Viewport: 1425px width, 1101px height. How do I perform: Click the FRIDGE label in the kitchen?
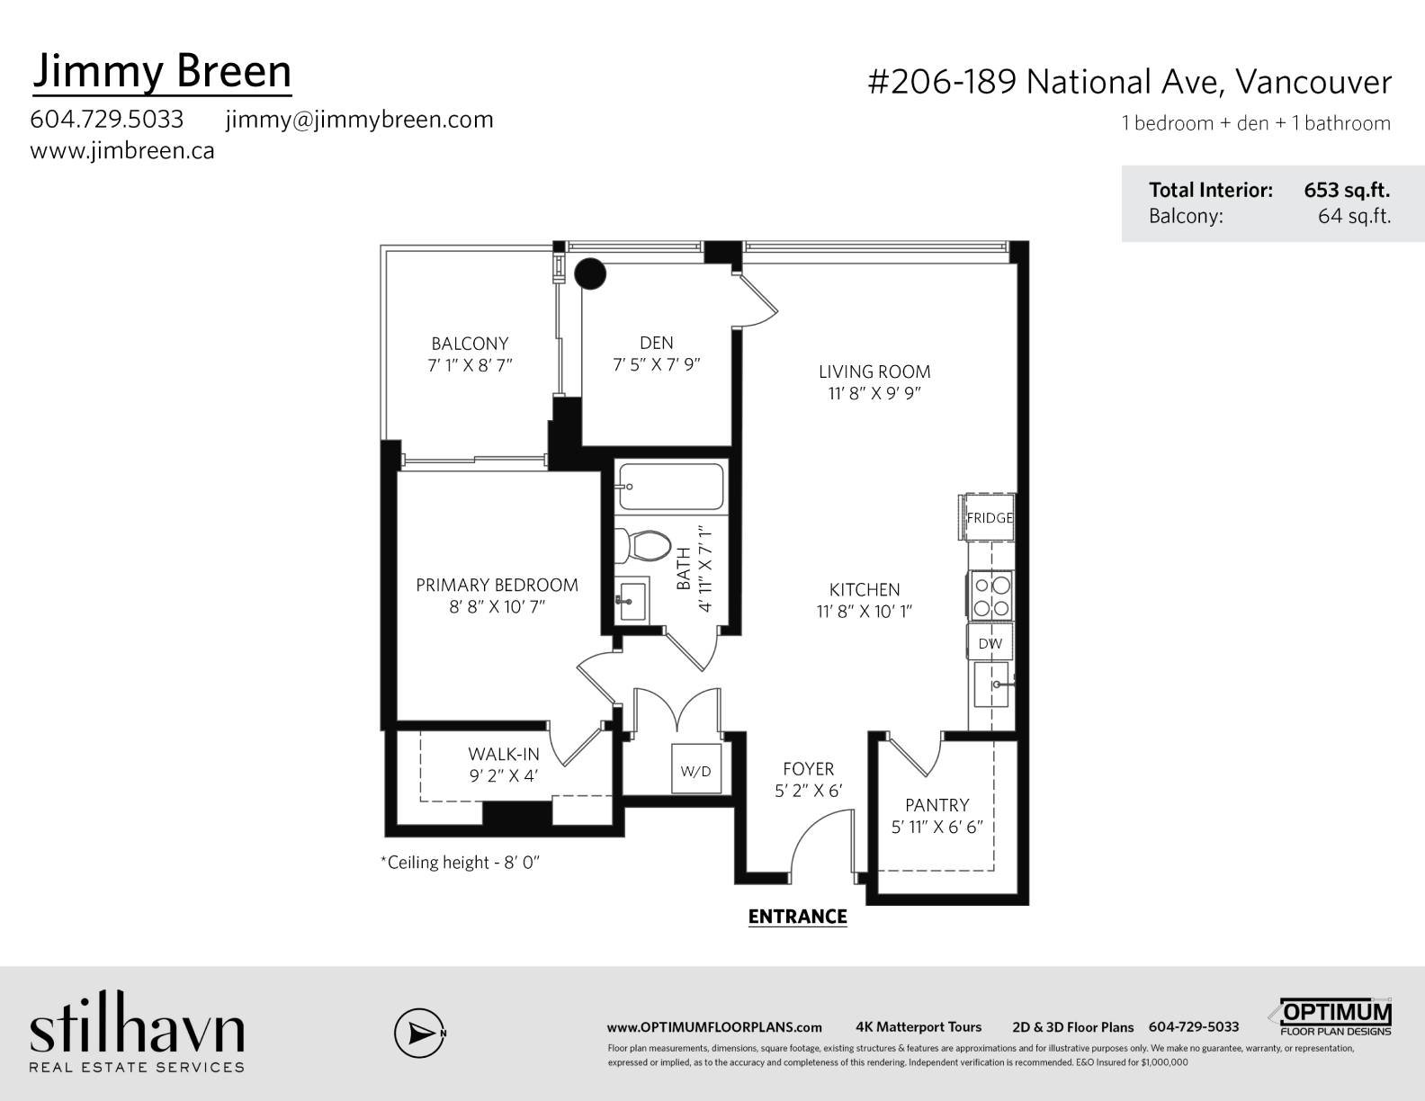(x=990, y=518)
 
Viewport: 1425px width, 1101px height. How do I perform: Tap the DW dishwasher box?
(x=990, y=643)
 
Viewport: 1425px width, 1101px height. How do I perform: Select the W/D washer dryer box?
(x=695, y=771)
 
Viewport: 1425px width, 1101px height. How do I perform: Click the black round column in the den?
(x=591, y=273)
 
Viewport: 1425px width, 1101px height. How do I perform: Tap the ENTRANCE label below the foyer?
(x=797, y=916)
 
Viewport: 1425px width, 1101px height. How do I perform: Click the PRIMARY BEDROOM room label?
(x=497, y=585)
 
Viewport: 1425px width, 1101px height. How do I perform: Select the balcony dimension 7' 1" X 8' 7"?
(x=470, y=365)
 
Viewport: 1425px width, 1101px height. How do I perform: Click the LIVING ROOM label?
(x=874, y=371)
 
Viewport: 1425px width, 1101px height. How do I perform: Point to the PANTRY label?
(x=937, y=805)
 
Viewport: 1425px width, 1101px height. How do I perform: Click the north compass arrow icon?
(x=419, y=1033)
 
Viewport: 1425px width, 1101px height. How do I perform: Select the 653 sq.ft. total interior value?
(x=1347, y=191)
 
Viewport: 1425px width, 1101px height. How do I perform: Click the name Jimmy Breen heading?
(x=162, y=72)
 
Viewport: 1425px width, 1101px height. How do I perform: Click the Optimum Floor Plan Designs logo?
(x=1334, y=1017)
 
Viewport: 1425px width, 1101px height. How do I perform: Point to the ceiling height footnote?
(x=460, y=863)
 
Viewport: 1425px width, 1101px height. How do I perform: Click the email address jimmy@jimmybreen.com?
(x=359, y=120)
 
